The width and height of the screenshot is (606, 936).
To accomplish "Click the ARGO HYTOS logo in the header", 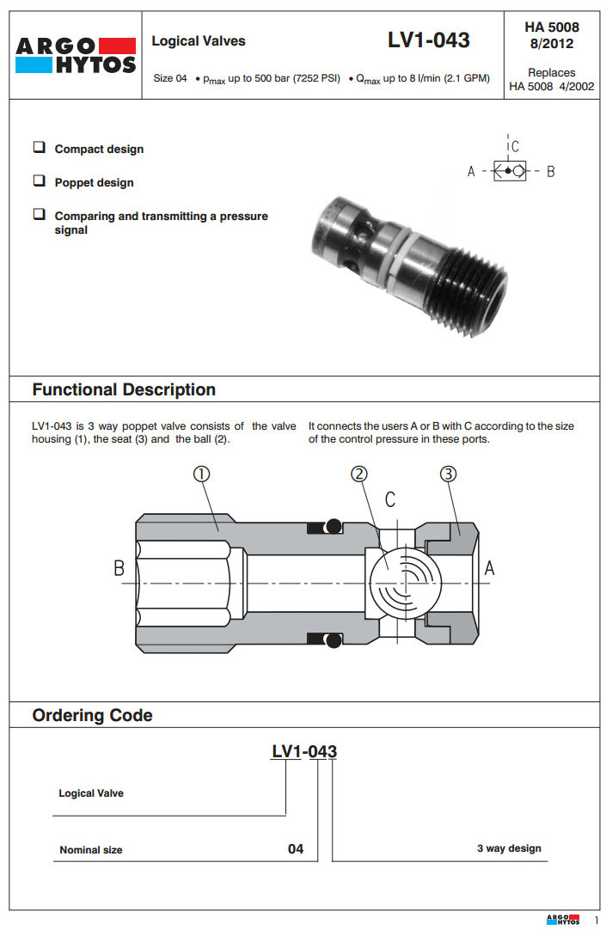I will [x=76, y=56].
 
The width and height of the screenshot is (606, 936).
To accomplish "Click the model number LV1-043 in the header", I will [x=428, y=40].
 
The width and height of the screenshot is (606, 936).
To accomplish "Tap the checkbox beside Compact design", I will [x=39, y=148].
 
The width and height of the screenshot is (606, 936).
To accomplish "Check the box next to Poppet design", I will [x=39, y=181].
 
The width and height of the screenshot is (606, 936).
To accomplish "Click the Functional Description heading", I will [x=124, y=389].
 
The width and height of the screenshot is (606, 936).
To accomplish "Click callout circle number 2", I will [x=360, y=474].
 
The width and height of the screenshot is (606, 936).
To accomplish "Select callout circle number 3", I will [x=449, y=474].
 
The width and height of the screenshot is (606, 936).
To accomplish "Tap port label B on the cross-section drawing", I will [x=120, y=568].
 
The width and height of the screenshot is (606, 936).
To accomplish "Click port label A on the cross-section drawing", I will [x=490, y=568].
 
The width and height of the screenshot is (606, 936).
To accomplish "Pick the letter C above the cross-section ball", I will [x=390, y=499].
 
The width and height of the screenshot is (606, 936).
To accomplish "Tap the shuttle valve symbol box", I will [x=510, y=170].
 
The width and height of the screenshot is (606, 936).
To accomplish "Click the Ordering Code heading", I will [x=92, y=715].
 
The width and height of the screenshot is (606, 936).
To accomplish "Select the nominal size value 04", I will [x=296, y=849].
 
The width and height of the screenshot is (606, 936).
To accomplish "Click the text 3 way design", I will [x=509, y=848].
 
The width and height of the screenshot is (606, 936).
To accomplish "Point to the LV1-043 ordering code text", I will [x=304, y=752].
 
